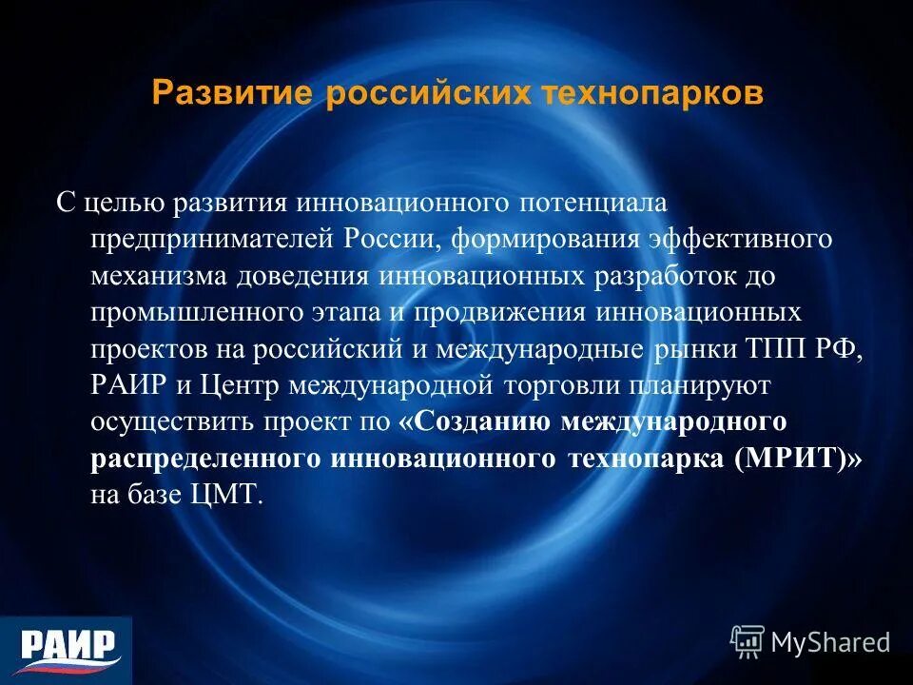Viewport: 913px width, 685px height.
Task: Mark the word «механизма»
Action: (x=153, y=275)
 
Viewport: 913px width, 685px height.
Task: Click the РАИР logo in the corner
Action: (x=67, y=648)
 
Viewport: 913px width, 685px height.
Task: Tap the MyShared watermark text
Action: (x=829, y=642)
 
